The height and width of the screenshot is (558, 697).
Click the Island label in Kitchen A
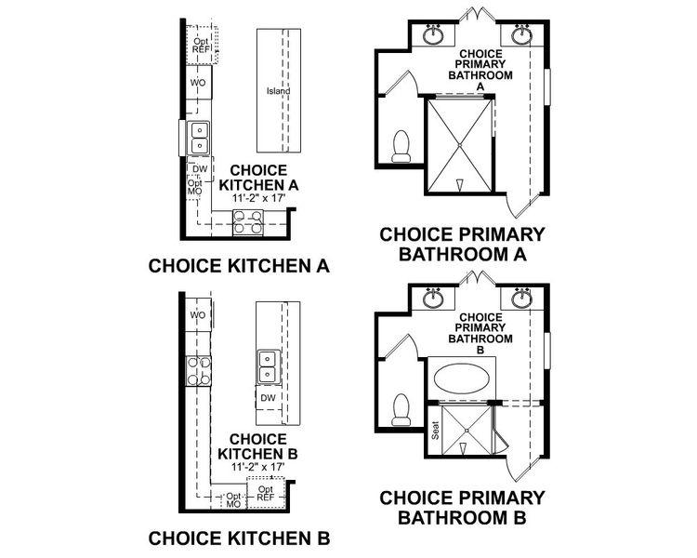(x=278, y=91)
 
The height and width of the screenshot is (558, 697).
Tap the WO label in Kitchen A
(x=197, y=83)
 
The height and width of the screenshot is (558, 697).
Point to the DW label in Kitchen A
(x=199, y=169)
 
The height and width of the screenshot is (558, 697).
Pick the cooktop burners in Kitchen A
(x=246, y=222)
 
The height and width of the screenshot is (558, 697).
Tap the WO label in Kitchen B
(x=197, y=315)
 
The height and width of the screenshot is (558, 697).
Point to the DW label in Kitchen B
(x=267, y=398)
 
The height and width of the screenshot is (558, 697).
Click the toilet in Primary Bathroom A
(x=401, y=146)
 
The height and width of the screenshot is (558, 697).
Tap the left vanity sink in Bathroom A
(x=433, y=36)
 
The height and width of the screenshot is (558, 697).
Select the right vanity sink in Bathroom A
(x=519, y=36)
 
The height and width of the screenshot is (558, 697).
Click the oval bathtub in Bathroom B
(x=463, y=381)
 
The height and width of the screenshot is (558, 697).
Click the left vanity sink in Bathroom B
(x=433, y=299)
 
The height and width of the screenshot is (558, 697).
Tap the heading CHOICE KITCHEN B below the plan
(x=239, y=538)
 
